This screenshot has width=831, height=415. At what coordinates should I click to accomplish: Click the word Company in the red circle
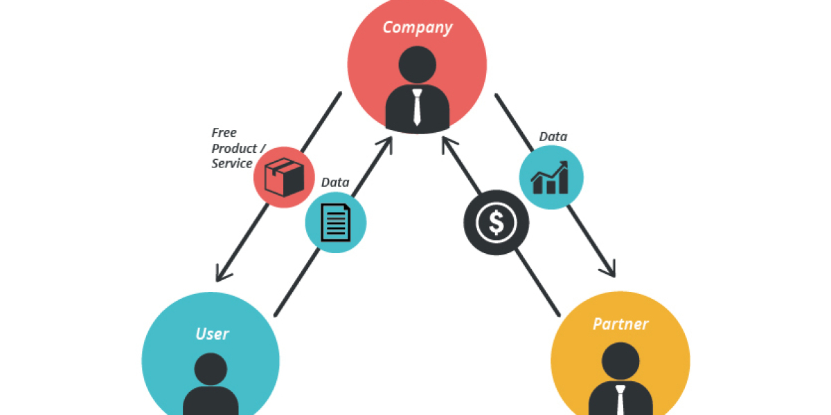[417, 28]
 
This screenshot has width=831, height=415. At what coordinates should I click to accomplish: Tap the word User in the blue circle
[212, 334]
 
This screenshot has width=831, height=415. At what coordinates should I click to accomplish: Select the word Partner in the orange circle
[620, 324]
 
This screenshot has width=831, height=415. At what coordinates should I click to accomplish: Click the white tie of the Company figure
[417, 107]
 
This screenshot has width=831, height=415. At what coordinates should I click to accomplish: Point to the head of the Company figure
[418, 64]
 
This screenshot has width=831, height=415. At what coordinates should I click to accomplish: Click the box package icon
[284, 176]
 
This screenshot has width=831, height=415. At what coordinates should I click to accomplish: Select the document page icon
[336, 222]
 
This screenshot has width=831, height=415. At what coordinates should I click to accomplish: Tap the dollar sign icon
[496, 222]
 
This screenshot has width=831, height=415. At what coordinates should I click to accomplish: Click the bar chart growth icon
[551, 178]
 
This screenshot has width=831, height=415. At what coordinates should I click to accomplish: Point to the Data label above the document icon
[335, 183]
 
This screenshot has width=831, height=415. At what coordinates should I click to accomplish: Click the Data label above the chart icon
[553, 137]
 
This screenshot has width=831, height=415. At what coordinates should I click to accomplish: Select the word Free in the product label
[224, 132]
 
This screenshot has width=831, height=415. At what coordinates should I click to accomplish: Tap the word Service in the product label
[232, 163]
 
